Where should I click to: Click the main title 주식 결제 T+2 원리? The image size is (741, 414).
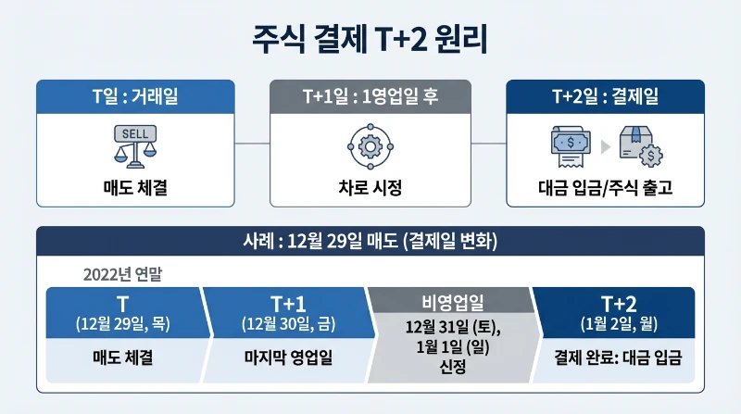tap(370, 41)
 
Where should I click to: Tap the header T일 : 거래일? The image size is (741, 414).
tap(134, 97)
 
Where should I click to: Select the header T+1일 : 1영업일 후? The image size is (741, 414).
tap(370, 97)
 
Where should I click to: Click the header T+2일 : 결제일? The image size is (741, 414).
tap(605, 97)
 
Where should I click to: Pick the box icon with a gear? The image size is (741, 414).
tap(639, 145)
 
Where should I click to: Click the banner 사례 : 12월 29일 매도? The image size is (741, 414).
tap(370, 243)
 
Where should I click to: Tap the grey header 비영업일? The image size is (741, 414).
tap(451, 303)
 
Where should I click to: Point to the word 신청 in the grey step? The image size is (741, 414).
tap(451, 368)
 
